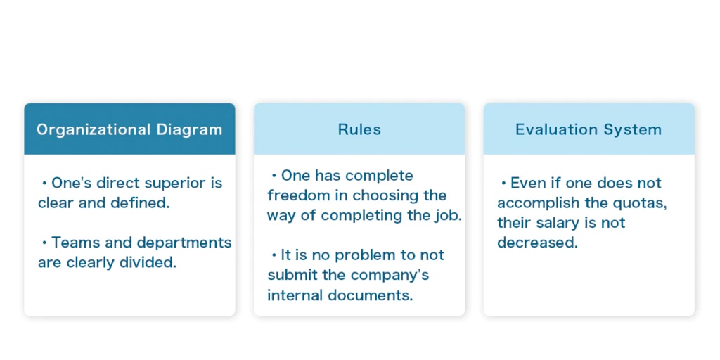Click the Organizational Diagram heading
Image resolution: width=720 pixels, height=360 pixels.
129,129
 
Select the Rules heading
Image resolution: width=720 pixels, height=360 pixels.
359,129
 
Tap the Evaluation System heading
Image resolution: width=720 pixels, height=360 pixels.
589,129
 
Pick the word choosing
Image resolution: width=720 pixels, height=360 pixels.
388,195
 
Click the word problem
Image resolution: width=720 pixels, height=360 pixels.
352,255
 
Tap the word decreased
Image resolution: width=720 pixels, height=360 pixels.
537,243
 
